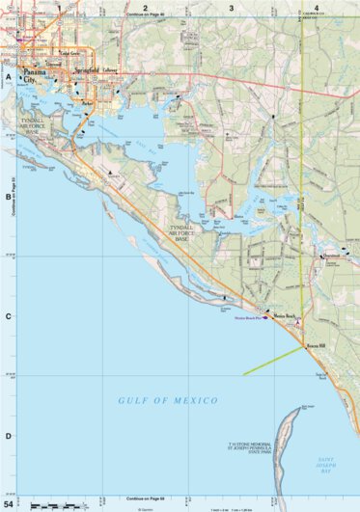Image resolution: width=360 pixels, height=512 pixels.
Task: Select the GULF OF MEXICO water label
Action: (168, 399)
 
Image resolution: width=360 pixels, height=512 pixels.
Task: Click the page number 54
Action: (9, 504)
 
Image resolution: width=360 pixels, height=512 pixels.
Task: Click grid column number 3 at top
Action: (232, 8)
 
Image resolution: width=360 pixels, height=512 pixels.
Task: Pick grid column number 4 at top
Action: (317, 8)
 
